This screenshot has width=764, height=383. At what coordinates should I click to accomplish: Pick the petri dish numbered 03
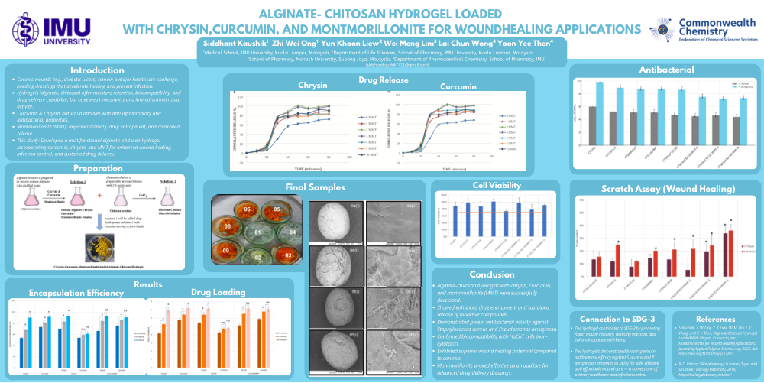(287, 254)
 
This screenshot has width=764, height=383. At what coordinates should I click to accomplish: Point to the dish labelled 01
(258, 232)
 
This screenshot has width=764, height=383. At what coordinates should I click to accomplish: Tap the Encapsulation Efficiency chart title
(66, 293)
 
